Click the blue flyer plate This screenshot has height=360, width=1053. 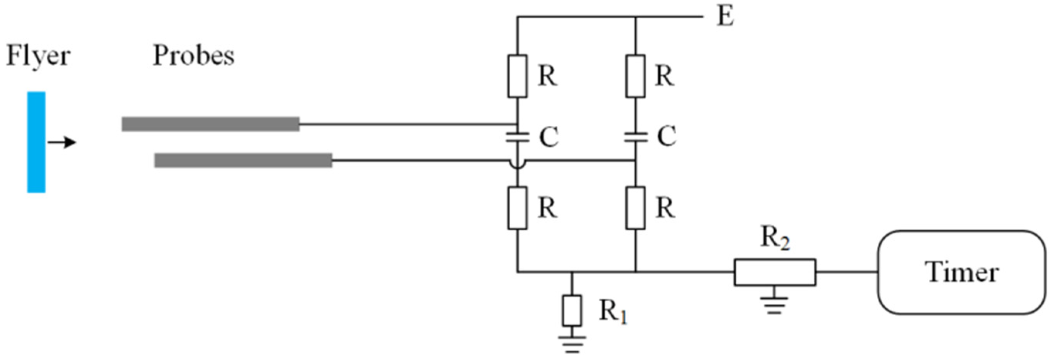36,142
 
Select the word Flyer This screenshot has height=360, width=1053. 38,56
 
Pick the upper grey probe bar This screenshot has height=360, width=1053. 210,124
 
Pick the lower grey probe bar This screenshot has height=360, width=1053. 243,160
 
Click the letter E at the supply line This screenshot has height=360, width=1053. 725,17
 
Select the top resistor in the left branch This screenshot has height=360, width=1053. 517,76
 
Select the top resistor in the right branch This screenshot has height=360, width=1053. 635,76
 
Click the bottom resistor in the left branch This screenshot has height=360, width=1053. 517,208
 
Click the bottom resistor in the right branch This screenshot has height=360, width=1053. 635,208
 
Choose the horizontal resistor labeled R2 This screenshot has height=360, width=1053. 775,272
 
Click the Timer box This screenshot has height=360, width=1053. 962,272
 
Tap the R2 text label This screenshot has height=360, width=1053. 775,238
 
